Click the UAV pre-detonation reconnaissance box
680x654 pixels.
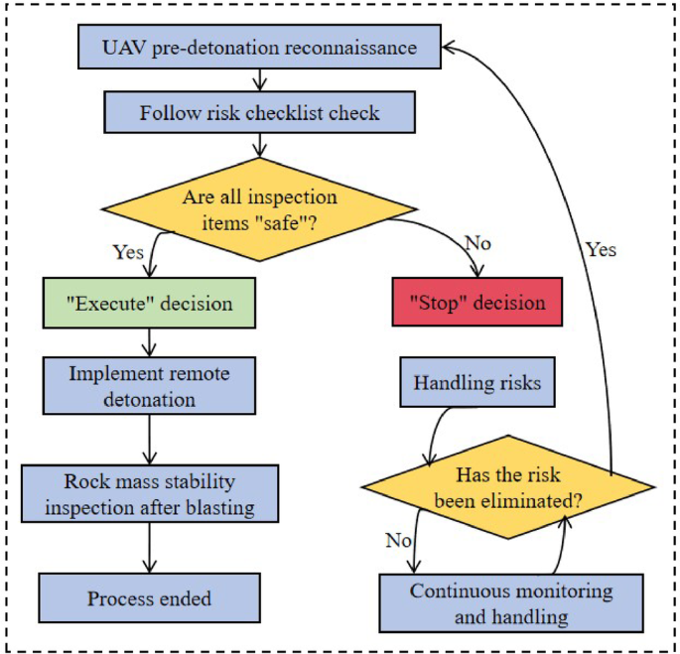pos(259,47)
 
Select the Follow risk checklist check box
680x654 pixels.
pos(259,112)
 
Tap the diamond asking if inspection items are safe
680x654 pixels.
pos(259,209)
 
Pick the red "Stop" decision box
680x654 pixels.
pos(477,302)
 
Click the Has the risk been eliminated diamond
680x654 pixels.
pos(507,487)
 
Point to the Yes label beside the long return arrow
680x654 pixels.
pos(600,249)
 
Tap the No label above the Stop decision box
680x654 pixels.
pos(477,242)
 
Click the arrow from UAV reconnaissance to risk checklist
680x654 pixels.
pos(259,79)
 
